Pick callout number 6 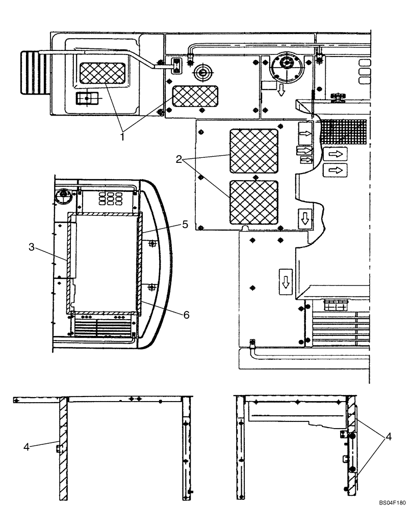186,315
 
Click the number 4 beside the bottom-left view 27,446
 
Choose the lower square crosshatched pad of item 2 254,202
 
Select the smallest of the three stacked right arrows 305,160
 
